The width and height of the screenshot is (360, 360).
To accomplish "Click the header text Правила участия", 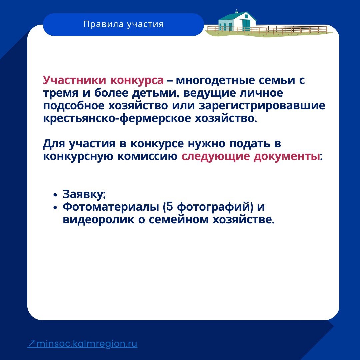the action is [x=123, y=24].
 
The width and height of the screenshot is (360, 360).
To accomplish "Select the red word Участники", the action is [x=75, y=80].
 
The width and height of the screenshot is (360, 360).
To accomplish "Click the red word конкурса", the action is [x=137, y=80].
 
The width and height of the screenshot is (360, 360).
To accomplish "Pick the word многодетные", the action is [x=215, y=81].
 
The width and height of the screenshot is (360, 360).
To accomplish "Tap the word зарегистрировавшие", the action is [x=262, y=106].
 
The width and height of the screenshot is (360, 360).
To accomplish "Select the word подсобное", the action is [x=74, y=106].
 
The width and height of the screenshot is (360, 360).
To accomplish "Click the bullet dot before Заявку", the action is [x=55, y=195].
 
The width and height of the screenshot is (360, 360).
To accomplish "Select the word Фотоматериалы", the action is [x=111, y=207].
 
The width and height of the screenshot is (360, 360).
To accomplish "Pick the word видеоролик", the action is [x=98, y=220].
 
